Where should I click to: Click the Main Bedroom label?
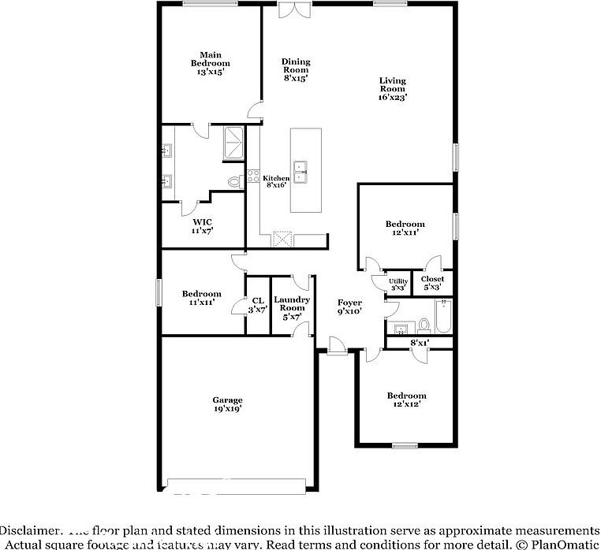click(211, 62)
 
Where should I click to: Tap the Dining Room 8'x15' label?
click(296, 69)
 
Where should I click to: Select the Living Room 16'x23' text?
click(392, 89)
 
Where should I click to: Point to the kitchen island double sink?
click(301, 169)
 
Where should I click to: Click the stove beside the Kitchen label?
click(254, 177)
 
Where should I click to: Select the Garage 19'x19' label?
click(227, 404)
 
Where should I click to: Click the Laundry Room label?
click(292, 308)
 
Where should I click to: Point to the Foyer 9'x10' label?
click(349, 307)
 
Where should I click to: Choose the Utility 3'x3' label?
click(398, 284)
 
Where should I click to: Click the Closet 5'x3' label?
click(432, 283)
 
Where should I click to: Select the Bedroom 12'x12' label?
click(406, 399)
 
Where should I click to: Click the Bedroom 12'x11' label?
click(405, 229)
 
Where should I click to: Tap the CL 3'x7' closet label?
click(257, 304)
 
